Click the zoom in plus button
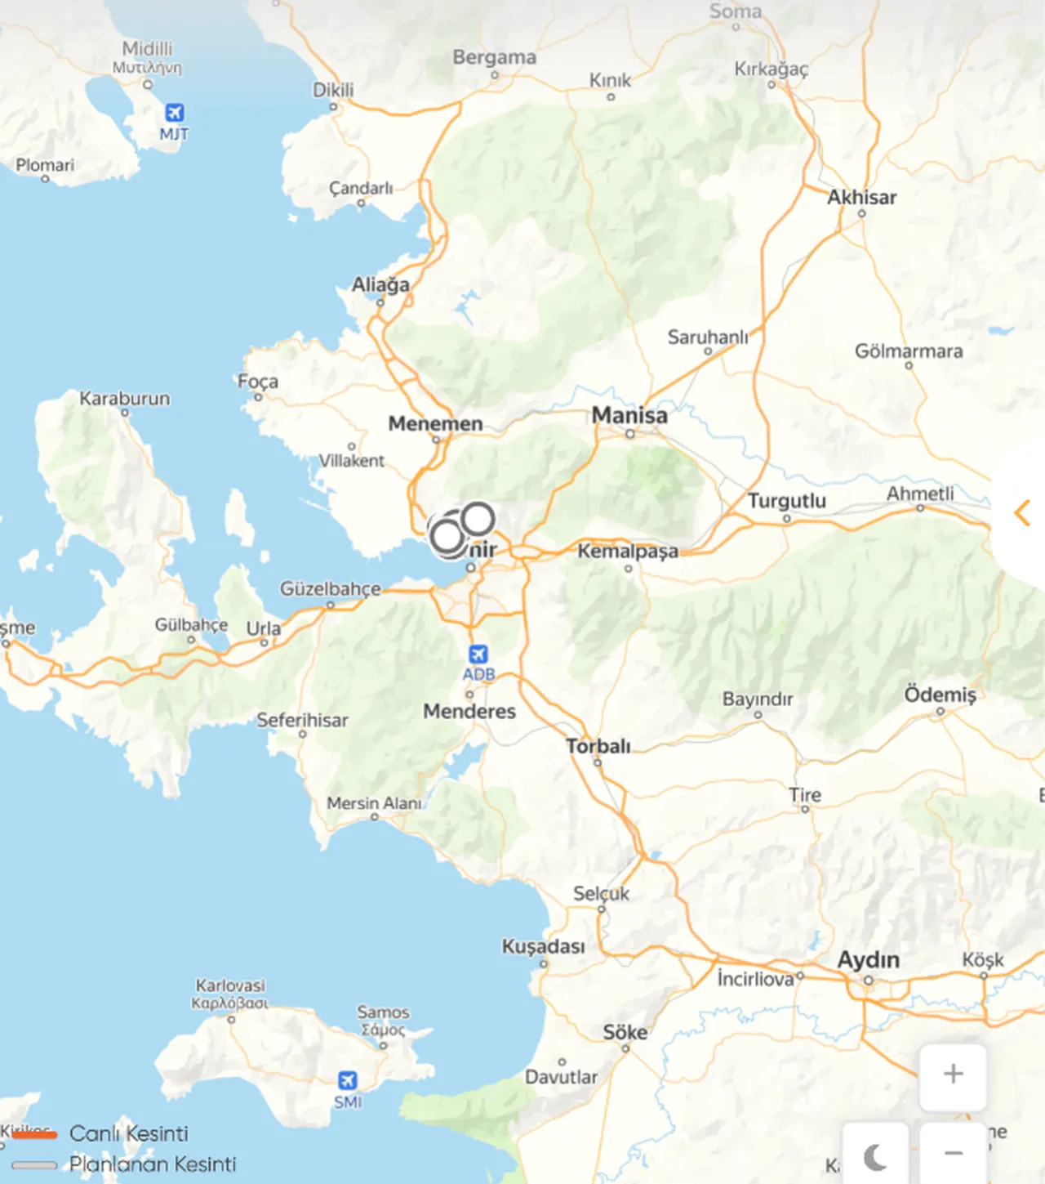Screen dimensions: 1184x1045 (953, 1074)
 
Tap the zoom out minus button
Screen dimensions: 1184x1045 (953, 1153)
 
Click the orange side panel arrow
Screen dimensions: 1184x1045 (1021, 513)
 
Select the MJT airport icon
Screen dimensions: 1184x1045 (174, 113)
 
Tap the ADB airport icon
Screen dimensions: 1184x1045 (478, 655)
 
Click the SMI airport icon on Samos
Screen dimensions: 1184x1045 (348, 1080)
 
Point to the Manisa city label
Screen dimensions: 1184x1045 (629, 415)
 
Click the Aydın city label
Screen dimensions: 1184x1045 (869, 959)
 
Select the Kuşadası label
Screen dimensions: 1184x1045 (543, 946)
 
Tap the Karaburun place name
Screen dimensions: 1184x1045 (125, 399)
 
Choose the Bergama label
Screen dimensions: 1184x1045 (495, 57)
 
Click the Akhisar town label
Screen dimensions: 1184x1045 (861, 197)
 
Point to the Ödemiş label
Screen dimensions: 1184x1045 (940, 695)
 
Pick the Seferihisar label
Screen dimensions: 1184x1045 (302, 720)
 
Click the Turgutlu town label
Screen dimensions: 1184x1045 (787, 500)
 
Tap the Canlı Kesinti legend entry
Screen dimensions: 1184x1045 (128, 1133)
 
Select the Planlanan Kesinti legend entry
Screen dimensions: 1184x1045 (152, 1164)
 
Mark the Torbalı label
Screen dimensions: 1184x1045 (598, 746)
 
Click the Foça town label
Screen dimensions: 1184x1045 (258, 382)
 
